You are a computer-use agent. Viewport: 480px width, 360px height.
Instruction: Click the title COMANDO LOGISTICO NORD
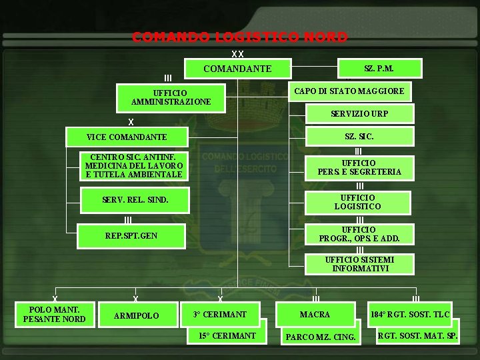(239, 37)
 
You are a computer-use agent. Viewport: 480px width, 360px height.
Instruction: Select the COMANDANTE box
(237, 69)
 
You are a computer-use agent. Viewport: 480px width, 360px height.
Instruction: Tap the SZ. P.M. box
(379, 68)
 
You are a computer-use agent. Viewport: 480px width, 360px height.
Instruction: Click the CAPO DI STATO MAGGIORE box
(349, 91)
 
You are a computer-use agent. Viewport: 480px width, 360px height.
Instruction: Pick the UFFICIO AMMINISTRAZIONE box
(171, 97)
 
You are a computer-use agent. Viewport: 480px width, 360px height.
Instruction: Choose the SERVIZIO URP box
(359, 114)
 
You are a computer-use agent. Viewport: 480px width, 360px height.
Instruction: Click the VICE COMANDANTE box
(127, 137)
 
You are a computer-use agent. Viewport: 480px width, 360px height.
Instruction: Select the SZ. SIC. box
(359, 137)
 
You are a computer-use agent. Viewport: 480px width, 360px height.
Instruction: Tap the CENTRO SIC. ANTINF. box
(133, 166)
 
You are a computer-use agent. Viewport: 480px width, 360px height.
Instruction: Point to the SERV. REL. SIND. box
(135, 199)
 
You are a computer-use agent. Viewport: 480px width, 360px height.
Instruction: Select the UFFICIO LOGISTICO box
(358, 202)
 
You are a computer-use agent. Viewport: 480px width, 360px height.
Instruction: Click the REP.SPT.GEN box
(131, 235)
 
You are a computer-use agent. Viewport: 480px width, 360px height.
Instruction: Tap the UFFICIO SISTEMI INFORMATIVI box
(359, 264)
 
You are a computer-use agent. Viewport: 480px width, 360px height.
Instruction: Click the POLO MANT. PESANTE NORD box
(54, 314)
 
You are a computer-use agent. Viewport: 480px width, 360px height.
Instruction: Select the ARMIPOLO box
(136, 315)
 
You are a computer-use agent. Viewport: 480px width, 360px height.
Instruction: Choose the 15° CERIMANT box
(227, 335)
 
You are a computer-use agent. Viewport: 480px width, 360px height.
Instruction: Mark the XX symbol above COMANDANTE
(237, 54)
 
